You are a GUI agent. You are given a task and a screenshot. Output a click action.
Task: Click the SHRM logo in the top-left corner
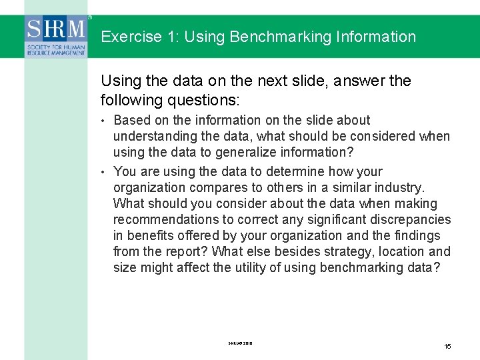coord(56,37)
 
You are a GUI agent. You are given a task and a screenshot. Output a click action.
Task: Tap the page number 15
coord(448,346)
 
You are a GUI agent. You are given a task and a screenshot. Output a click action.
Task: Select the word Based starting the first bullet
coord(131,120)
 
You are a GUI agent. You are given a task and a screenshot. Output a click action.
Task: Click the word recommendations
coord(166,219)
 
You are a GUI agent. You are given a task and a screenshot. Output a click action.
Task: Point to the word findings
coord(417,235)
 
